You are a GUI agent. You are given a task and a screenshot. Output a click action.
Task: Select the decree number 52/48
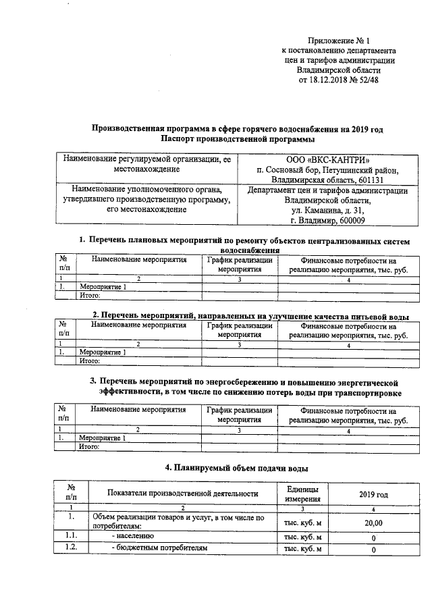tap(367, 79)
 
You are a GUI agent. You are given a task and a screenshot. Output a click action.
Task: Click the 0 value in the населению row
tap(373, 537)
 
